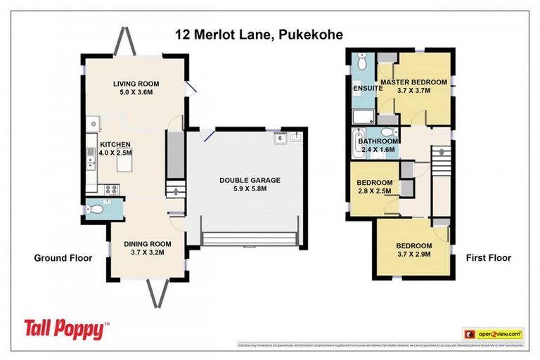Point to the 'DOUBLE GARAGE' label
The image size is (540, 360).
(x=250, y=180)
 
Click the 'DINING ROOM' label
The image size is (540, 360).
(x=148, y=244)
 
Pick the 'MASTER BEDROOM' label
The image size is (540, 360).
(x=413, y=82)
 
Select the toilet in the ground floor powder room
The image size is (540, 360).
(x=98, y=209)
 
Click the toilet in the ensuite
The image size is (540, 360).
(x=362, y=63)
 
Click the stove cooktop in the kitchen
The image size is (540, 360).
(x=111, y=188)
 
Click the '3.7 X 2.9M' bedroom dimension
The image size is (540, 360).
(x=413, y=254)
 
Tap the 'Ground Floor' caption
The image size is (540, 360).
(x=63, y=258)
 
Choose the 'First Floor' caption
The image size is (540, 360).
(x=488, y=258)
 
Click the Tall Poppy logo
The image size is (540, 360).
(x=67, y=328)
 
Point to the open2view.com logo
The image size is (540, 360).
(x=493, y=333)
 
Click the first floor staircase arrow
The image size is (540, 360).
(x=440, y=151)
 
